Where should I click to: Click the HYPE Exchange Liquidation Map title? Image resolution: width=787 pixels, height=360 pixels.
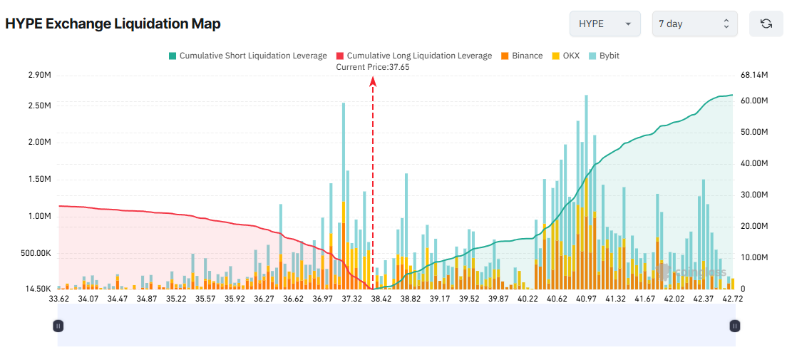(113, 24)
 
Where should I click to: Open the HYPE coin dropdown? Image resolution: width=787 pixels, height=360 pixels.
(604, 24)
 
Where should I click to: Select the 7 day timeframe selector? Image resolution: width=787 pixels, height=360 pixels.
(694, 24)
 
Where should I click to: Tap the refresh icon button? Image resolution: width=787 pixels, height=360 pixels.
(766, 24)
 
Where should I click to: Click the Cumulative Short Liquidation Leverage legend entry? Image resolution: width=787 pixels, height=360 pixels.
(247, 56)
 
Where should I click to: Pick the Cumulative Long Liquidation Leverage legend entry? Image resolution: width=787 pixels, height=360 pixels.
(413, 56)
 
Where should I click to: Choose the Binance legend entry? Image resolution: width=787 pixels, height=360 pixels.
(522, 56)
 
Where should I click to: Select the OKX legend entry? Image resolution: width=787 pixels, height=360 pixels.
(566, 56)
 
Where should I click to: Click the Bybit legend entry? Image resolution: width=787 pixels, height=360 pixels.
(604, 56)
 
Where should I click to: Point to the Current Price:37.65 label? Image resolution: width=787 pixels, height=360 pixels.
(373, 67)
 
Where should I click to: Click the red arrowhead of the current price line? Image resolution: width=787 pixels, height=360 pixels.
(373, 81)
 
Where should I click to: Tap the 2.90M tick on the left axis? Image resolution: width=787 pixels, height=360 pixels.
(39, 75)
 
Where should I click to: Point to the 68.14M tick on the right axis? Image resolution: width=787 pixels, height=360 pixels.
(754, 75)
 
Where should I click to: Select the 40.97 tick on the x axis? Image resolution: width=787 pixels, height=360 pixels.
(587, 299)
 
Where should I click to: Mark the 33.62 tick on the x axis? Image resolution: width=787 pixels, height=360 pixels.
(58, 299)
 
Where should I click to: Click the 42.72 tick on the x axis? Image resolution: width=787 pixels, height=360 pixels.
(733, 299)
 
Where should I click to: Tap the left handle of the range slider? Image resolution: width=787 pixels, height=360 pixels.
(58, 326)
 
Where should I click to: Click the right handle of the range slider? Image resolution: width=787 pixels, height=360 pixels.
(735, 326)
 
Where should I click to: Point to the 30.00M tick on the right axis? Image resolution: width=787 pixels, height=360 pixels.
(754, 195)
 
